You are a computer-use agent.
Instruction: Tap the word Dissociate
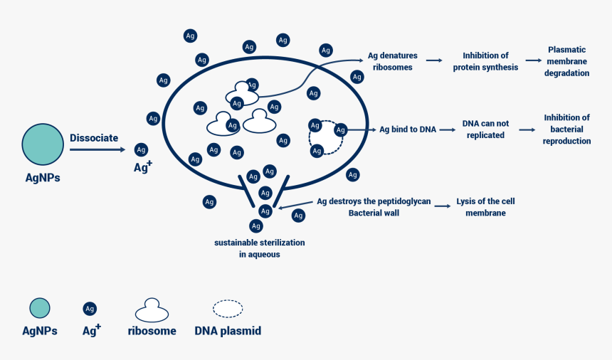coord(94,138)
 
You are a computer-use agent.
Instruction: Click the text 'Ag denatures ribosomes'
coord(392,62)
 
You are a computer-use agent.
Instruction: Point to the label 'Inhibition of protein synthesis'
coord(485,62)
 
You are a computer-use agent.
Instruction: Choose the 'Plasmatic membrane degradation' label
coord(566,61)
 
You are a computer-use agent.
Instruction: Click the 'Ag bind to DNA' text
coord(407,129)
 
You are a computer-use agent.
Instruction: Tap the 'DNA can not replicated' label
coord(485,129)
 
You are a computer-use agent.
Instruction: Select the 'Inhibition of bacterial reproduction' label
coord(566,129)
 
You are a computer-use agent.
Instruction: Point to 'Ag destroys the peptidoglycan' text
coord(374,201)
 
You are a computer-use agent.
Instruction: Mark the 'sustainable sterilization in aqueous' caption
coord(259,248)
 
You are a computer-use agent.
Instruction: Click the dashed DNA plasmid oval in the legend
coord(228,309)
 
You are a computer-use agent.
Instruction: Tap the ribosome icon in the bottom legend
coord(152,310)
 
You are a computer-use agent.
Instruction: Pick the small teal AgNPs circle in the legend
coord(40,308)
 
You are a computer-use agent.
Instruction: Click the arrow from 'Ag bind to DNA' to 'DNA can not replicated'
coord(446,130)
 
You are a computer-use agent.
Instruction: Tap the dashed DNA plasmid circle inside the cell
coord(326,137)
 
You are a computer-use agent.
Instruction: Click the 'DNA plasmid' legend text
coord(228,331)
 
